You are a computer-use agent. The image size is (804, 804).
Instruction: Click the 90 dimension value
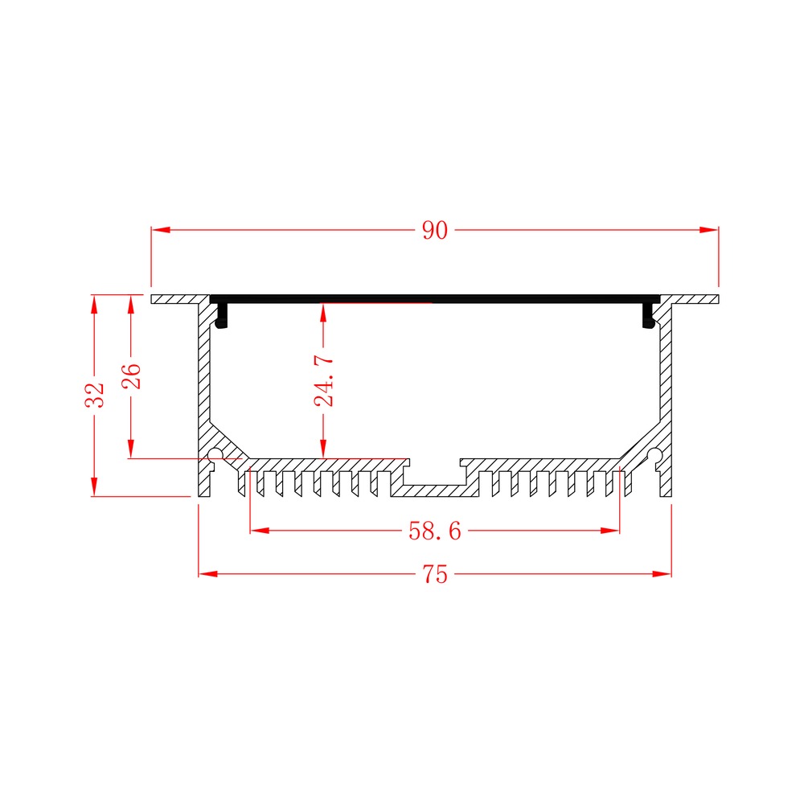point(435,230)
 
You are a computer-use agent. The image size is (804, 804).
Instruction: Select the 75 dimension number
point(435,574)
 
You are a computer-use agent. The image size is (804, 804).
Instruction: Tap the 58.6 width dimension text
point(435,531)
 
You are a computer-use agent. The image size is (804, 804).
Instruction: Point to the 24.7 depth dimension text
point(324,380)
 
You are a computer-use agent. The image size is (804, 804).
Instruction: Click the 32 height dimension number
point(94,395)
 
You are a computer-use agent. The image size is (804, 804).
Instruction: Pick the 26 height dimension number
point(131,375)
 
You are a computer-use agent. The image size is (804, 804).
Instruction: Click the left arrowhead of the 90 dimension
point(161,230)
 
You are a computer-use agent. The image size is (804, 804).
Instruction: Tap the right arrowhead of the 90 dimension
point(709,230)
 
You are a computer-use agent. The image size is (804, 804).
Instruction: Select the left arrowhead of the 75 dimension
point(208,574)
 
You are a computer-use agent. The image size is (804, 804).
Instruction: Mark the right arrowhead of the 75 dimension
point(662,574)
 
